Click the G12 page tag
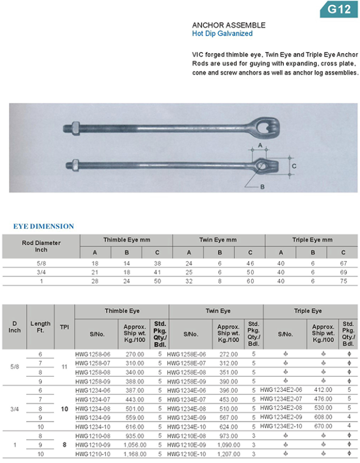tap(336, 9)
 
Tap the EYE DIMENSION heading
tap(44, 226)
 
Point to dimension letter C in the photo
tap(294, 166)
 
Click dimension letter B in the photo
tap(262, 187)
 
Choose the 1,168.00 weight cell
tap(135, 454)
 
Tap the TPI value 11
tap(64, 367)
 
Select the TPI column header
tap(64, 327)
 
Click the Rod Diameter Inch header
tap(41, 246)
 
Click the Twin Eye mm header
tap(217, 240)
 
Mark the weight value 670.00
tap(324, 426)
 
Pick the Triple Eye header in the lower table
tap(308, 311)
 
